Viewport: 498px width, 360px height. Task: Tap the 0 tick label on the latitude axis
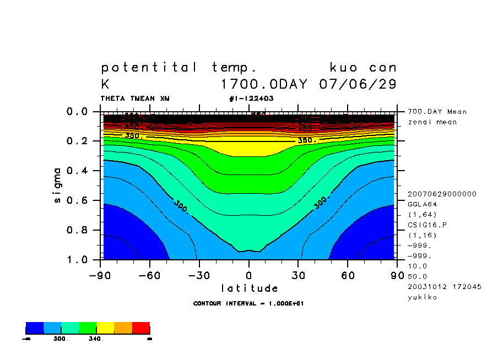pos(248,274)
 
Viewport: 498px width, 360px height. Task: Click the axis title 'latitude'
pos(250,288)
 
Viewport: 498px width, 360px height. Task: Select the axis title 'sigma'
pos(58,186)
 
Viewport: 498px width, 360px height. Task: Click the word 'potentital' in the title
pos(149,68)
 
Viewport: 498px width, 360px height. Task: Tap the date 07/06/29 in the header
pos(358,85)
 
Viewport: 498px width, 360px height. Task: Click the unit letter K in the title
pos(105,85)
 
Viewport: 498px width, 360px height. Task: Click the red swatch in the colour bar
pos(141,328)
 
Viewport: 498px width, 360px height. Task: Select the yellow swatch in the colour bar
pos(105,328)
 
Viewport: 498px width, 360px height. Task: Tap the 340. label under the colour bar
pos(96,339)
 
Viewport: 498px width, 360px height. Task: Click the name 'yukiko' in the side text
pos(423,297)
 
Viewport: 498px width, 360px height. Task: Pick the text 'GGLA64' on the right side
pos(423,204)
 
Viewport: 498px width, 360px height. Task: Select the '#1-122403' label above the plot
pos(251,99)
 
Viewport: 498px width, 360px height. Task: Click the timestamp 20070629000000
pos(442,194)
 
